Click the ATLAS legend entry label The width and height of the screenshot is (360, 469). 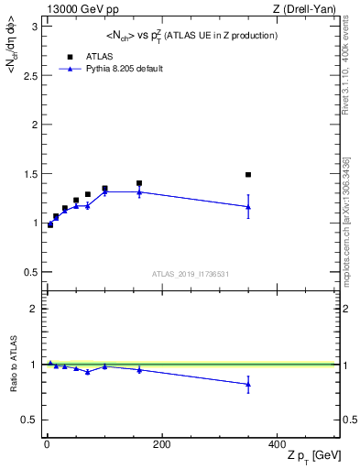(100, 56)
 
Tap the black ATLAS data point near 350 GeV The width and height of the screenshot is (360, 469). (248, 174)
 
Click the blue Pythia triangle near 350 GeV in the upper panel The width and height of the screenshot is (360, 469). (248, 207)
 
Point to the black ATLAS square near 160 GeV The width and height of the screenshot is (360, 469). (139, 183)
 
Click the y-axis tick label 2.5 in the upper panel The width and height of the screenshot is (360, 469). (29, 75)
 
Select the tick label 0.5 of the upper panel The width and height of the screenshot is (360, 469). (29, 272)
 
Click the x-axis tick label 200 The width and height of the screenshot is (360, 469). (161, 444)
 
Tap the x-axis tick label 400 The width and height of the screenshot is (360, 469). (277, 444)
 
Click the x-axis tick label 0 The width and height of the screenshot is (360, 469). (47, 444)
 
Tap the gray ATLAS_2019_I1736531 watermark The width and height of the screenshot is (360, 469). (190, 274)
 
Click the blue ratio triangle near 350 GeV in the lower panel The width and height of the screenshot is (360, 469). (248, 385)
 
